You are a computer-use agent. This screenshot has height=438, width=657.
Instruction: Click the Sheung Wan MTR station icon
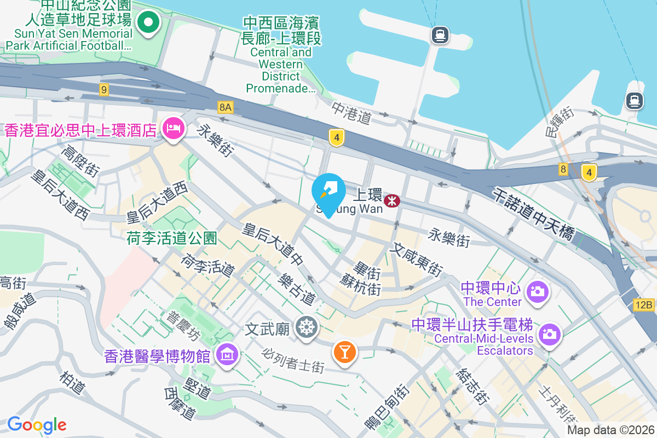click(391, 201)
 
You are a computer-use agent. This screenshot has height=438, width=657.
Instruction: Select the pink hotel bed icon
click(174, 129)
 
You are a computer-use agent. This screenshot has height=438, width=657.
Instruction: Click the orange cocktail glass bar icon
click(345, 350)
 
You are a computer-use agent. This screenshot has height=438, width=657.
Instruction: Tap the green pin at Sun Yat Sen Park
click(148, 23)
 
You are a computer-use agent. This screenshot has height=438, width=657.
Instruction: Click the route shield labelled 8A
click(225, 107)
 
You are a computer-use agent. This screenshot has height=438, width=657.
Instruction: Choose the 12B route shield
click(644, 305)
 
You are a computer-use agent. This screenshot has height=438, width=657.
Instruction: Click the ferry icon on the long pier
click(440, 36)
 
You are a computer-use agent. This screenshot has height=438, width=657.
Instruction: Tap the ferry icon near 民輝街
click(635, 101)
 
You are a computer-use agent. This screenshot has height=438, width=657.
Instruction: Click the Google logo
click(37, 424)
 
